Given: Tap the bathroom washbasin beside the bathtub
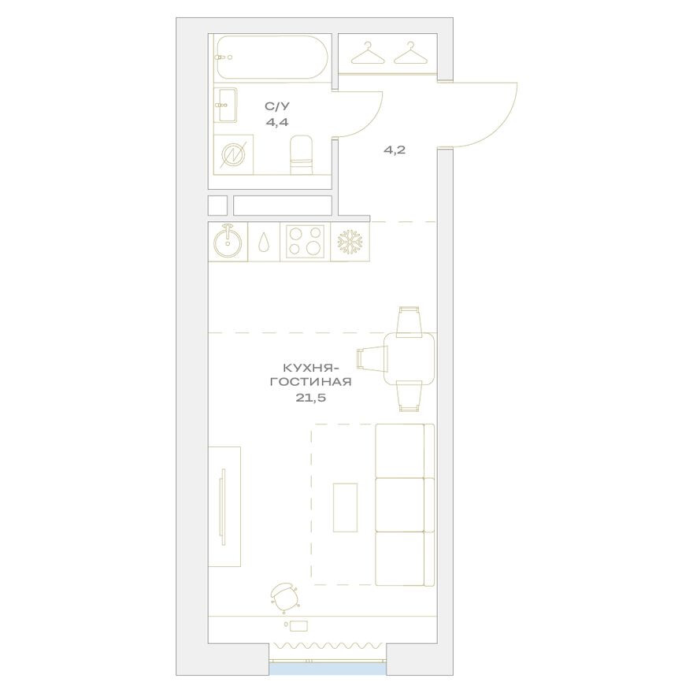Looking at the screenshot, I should click(226, 105).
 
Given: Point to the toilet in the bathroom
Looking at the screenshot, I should click(302, 154).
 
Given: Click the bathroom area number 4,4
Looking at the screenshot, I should click(276, 122).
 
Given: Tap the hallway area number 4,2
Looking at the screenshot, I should click(395, 150).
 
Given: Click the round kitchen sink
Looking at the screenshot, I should click(228, 242).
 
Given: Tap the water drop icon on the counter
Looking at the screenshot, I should click(264, 242).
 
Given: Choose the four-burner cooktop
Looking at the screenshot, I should click(305, 242).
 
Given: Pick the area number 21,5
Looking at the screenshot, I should click(310, 398).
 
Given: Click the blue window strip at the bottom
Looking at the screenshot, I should click(328, 668).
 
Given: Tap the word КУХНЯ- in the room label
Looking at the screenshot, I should click(310, 367).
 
